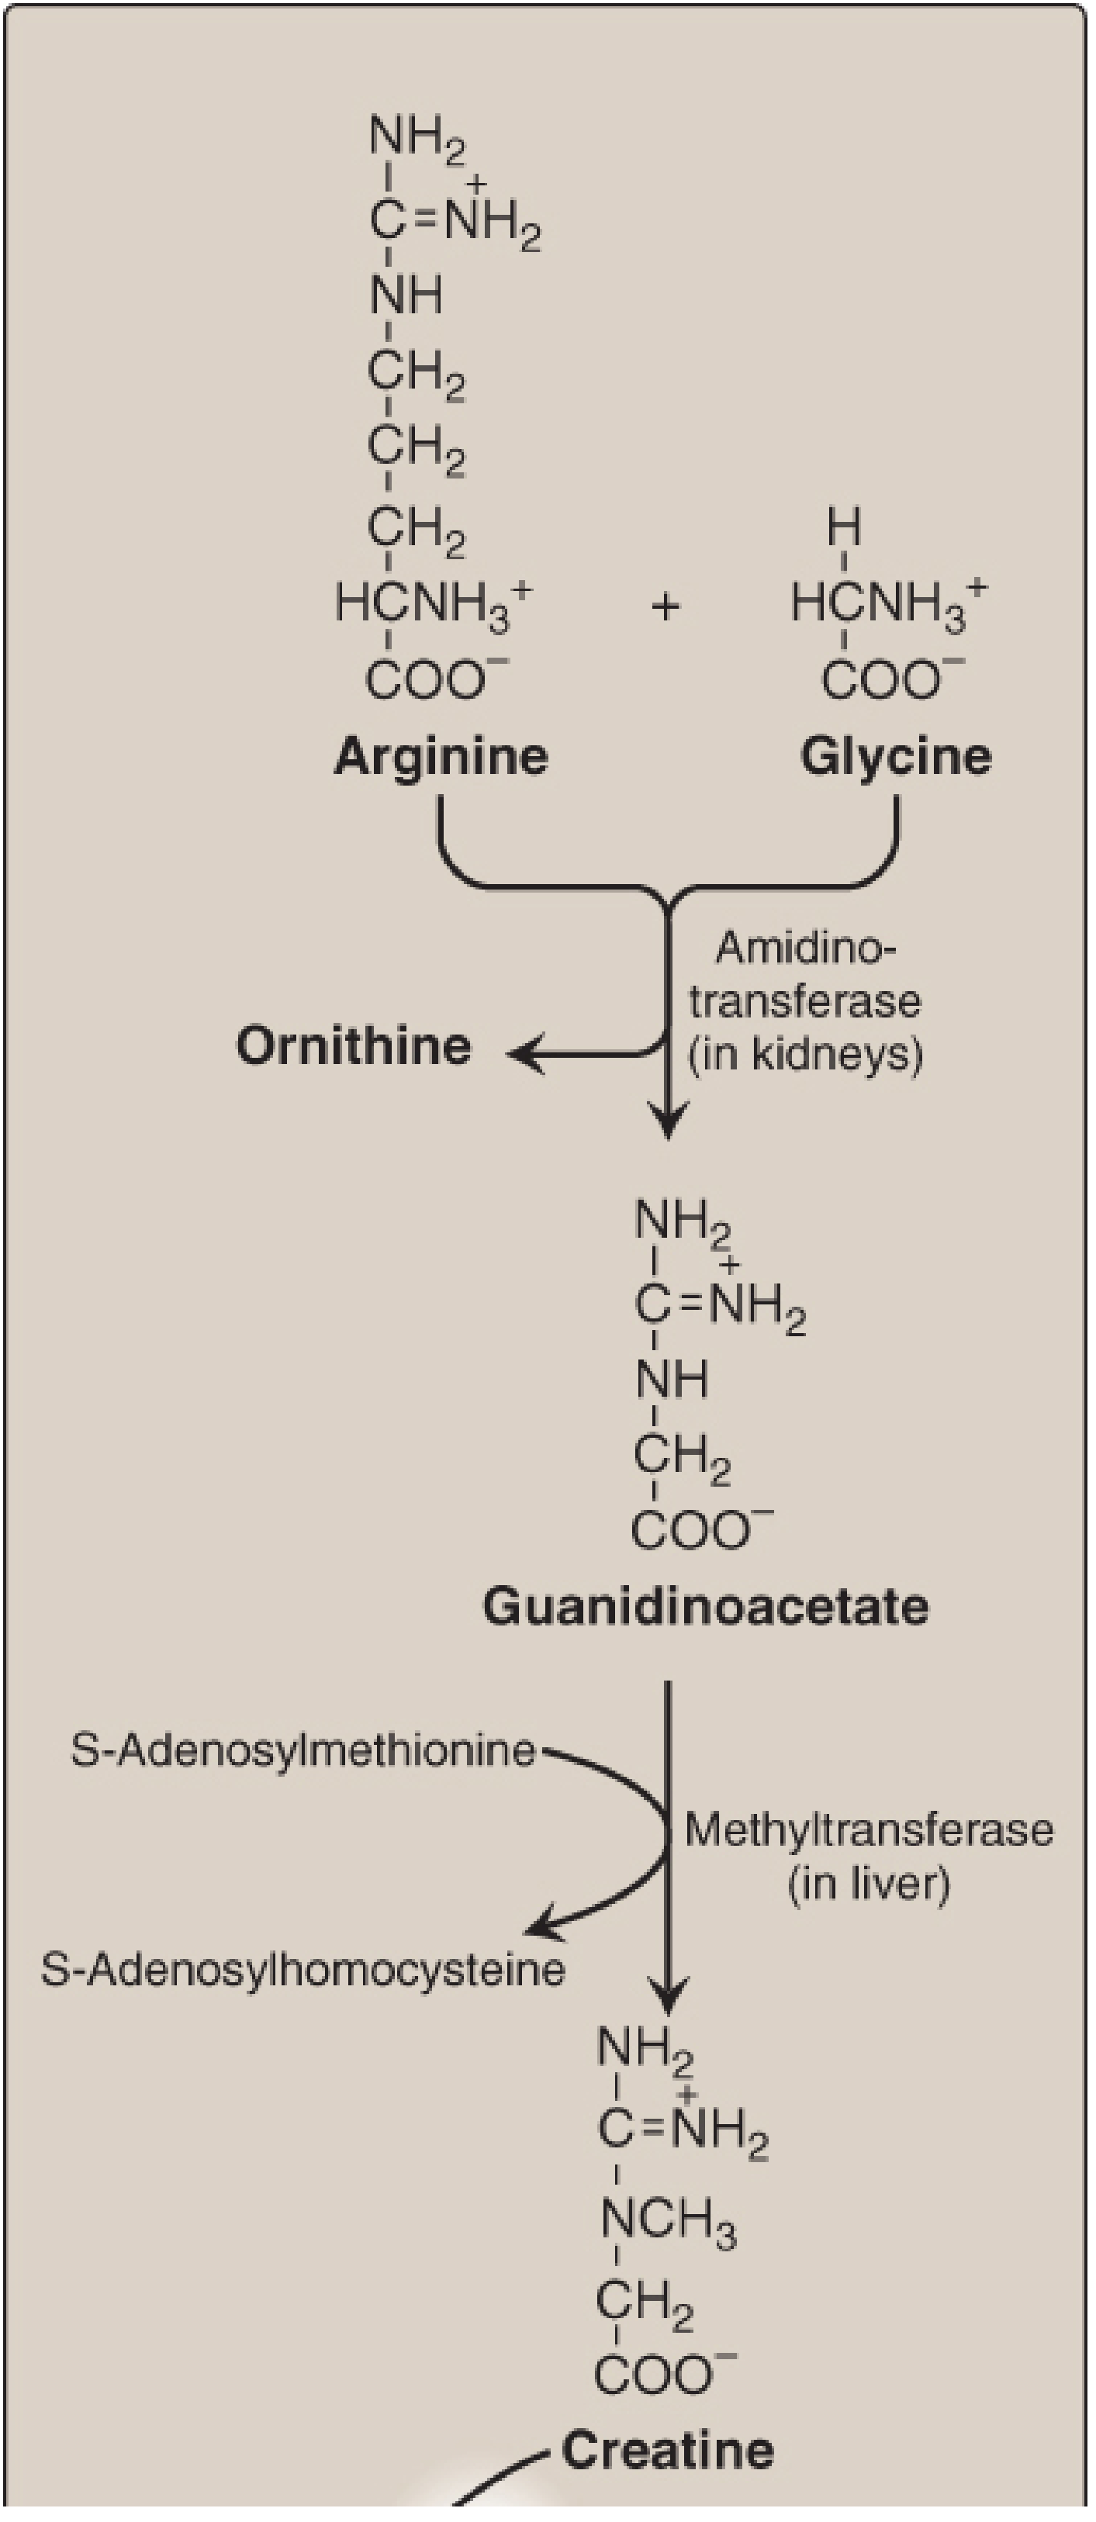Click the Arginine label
pos(441,757)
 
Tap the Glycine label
pos(895,757)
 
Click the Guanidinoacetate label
pos(705,1607)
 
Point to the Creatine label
pos(668,2451)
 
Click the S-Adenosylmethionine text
pos(303,1750)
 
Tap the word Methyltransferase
pos(869,1829)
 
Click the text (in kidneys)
pos(805,1055)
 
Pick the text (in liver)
pos(869,1883)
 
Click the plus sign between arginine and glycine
pos(665,607)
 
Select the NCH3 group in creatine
pos(668,2219)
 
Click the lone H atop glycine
pos(844,529)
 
